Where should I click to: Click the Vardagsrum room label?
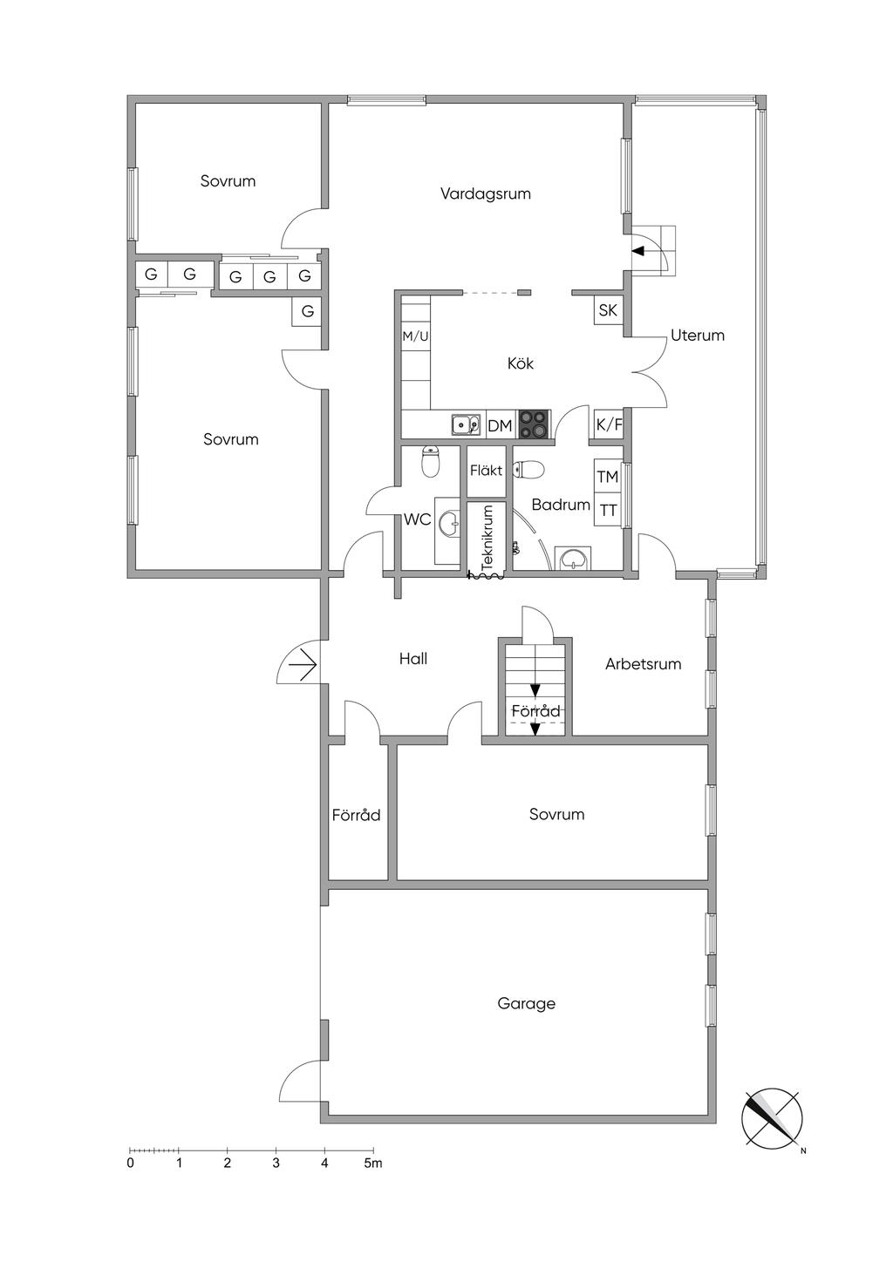tap(486, 194)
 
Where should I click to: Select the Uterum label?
tap(698, 336)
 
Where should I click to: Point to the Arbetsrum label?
tap(644, 663)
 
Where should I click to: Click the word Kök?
tap(521, 363)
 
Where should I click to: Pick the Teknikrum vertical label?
tap(487, 538)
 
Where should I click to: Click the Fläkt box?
tap(487, 471)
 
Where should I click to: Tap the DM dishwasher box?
tap(500, 426)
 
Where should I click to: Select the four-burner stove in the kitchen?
tap(535, 424)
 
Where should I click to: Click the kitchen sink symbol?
tap(466, 424)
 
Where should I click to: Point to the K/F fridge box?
tap(609, 424)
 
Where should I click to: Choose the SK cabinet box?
tap(609, 310)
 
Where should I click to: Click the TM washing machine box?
tap(608, 478)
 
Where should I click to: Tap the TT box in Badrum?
tap(608, 511)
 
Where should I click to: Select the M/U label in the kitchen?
tap(415, 337)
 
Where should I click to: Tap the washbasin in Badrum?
tap(573, 559)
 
